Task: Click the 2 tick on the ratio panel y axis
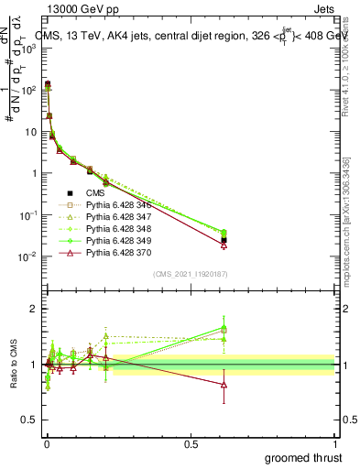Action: pos(33,309)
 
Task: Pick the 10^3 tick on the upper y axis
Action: pos(29,49)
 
